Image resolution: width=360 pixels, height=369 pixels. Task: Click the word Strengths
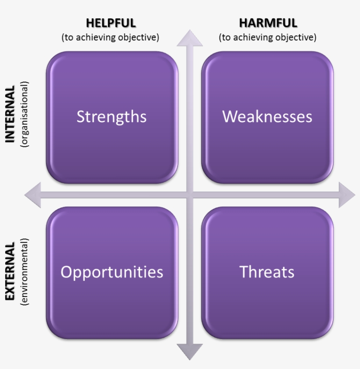[112, 117]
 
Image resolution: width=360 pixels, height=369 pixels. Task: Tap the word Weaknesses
[267, 117]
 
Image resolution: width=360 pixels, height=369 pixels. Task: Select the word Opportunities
[112, 272]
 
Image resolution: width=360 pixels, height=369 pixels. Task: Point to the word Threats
[267, 272]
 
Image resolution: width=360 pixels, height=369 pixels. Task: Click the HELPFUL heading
[111, 23]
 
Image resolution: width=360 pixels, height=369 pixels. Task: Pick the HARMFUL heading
[268, 23]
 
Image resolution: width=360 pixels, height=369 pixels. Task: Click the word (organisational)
[24, 114]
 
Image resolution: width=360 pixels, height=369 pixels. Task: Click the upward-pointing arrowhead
[190, 38]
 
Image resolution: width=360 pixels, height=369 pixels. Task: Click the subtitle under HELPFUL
[110, 37]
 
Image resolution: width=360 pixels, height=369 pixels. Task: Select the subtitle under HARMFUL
[267, 37]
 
